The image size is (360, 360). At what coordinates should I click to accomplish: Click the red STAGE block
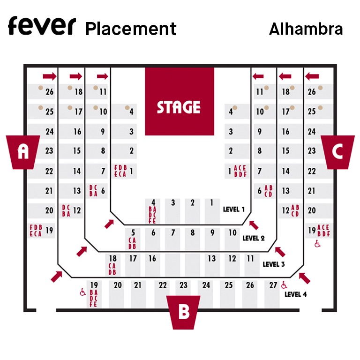[x=179, y=101]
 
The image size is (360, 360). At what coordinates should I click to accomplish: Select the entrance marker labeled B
[x=184, y=311]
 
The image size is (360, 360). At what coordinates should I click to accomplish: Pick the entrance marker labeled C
[x=337, y=151]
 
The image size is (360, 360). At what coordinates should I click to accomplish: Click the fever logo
[x=41, y=26]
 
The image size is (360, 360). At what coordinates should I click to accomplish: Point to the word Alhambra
[x=306, y=29]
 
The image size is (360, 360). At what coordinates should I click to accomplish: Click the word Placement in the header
[x=131, y=29]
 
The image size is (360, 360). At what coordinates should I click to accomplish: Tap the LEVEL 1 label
[x=233, y=209]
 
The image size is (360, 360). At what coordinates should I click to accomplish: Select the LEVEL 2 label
[x=254, y=238]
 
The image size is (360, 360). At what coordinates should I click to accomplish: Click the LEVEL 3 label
[x=273, y=264]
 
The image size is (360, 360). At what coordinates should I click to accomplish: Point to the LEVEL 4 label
[x=296, y=294]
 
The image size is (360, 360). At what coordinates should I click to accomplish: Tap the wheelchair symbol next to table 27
[x=284, y=285]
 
